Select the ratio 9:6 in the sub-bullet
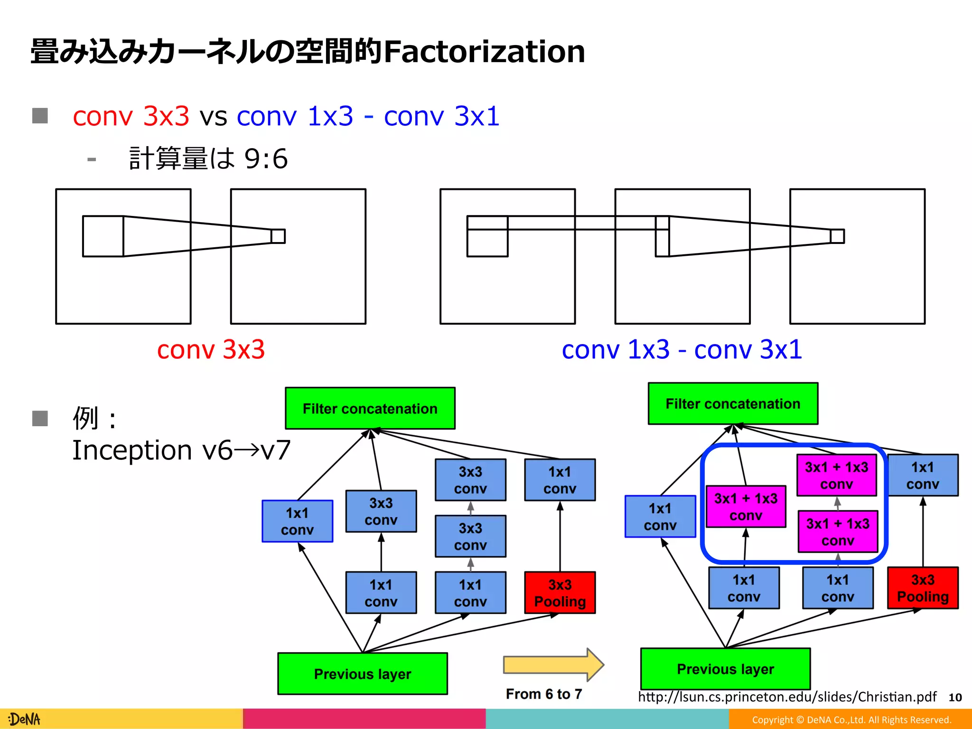pos(266,159)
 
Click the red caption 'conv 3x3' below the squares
pos(211,350)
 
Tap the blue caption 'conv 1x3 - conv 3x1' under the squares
pos(682,350)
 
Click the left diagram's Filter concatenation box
pos(370,408)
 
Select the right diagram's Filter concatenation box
pos(733,403)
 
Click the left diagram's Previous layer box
pos(363,673)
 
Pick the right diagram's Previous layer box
pos(725,669)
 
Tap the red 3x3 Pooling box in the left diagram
pos(560,593)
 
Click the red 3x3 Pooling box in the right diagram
pos(923,588)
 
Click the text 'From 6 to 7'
pos(544,694)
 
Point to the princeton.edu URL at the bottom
pos(787,697)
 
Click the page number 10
pos(955,697)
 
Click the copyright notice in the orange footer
pos(851,720)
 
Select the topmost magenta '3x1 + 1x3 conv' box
pos(836,476)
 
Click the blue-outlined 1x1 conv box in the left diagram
pos(297,521)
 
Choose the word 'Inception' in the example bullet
pos(132,450)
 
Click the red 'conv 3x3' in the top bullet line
pos(131,116)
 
